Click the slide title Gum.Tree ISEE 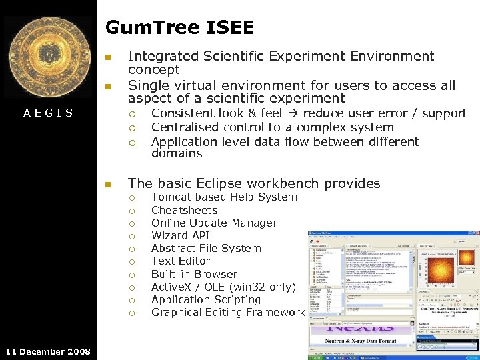[179, 27]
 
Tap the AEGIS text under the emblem [48, 113]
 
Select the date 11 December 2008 [47, 351]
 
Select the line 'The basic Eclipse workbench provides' [253, 183]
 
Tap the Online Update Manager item [214, 223]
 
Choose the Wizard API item [180, 235]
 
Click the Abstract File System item [206, 248]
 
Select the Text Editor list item [180, 261]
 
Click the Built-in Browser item [194, 274]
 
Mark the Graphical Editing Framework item [227, 312]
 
